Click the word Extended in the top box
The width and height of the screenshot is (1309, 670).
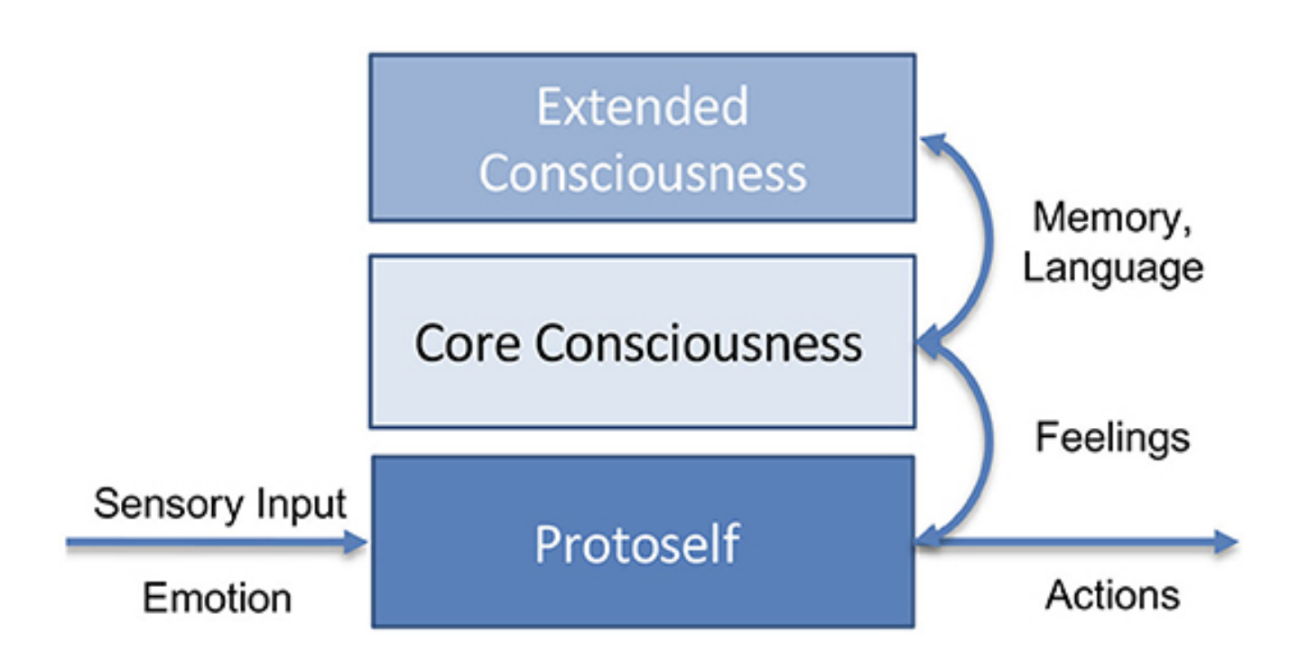(x=642, y=107)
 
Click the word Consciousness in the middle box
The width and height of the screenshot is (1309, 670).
(x=698, y=344)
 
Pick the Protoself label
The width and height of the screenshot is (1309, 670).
(x=637, y=544)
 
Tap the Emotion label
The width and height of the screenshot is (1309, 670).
(x=217, y=598)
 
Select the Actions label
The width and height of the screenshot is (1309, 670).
(x=1112, y=595)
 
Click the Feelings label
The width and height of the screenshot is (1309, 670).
(x=1112, y=438)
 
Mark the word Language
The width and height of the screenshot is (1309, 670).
(x=1112, y=268)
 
